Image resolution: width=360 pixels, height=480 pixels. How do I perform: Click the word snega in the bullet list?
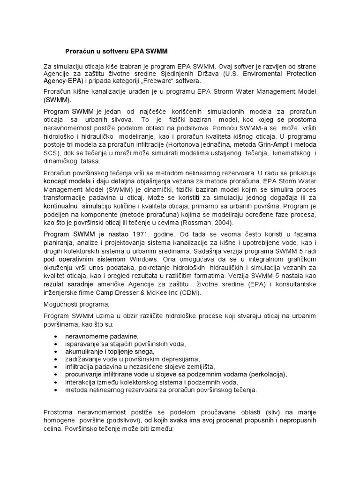(x=144, y=352)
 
